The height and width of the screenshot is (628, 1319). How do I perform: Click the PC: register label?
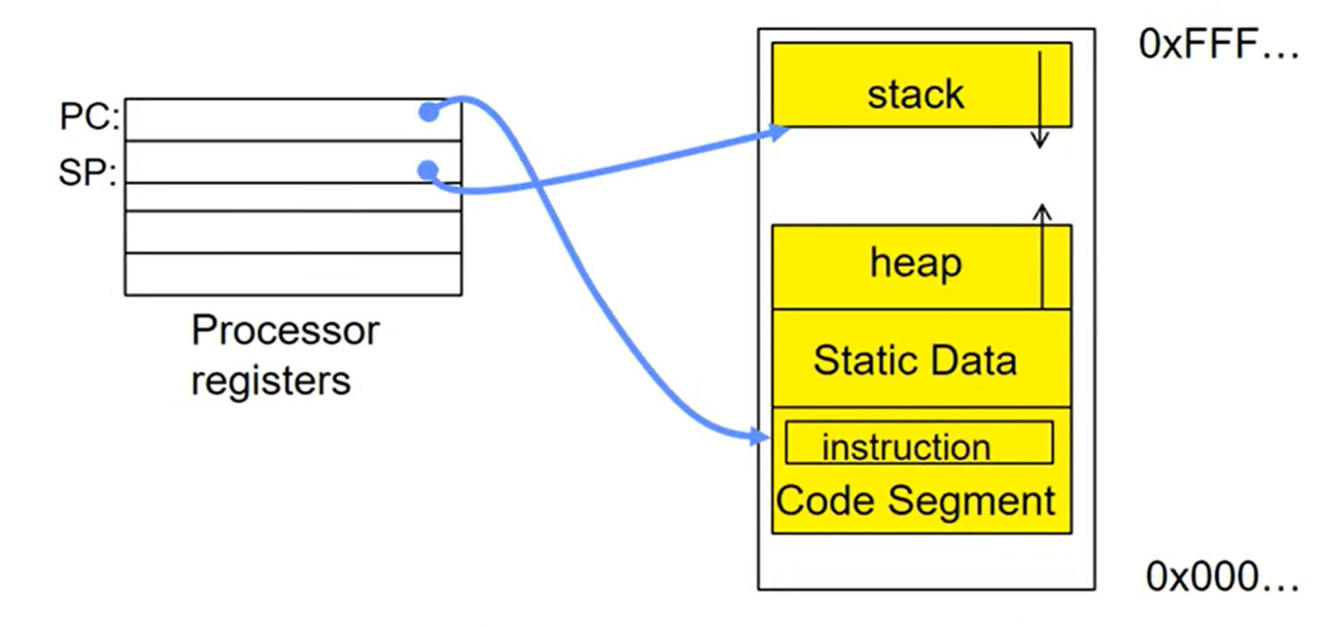[89, 116]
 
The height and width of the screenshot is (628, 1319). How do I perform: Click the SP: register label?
[88, 173]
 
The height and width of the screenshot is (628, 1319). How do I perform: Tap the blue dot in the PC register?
[428, 111]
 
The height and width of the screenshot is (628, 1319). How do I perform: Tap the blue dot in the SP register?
[428, 171]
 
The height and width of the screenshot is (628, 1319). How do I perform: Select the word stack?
[915, 95]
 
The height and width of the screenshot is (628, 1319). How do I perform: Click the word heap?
[915, 263]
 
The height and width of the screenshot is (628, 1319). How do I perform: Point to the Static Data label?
[915, 360]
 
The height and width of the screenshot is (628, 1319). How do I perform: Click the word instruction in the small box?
[906, 448]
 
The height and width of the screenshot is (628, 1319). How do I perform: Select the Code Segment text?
[915, 501]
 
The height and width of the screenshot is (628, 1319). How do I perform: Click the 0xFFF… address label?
[1218, 44]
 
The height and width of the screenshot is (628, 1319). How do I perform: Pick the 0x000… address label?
[1222, 576]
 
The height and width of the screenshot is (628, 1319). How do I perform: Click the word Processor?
[286, 330]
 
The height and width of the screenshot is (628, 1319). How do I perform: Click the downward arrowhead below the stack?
[1040, 139]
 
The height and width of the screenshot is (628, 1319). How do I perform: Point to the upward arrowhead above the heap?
[1042, 213]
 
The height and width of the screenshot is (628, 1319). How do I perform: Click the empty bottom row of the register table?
[293, 274]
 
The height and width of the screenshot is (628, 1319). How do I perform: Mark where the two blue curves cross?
[537, 185]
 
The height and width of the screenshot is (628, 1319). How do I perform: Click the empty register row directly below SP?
[293, 197]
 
